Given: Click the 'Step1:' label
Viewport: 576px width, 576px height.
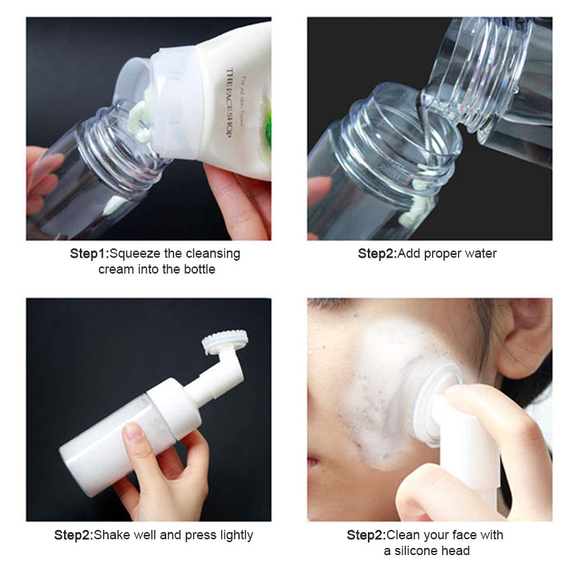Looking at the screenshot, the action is [x=89, y=253].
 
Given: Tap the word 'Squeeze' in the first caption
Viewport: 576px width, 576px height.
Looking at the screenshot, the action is [x=135, y=254].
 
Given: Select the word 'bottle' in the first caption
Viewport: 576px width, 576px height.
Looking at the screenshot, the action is [x=199, y=269].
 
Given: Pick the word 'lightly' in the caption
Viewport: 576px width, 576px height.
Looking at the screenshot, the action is [x=237, y=536].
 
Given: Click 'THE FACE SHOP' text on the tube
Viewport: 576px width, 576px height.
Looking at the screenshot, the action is [x=230, y=103].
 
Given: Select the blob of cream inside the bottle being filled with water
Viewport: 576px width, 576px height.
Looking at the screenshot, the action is [x=415, y=207].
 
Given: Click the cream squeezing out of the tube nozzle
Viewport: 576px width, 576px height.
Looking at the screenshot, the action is [x=140, y=120].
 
